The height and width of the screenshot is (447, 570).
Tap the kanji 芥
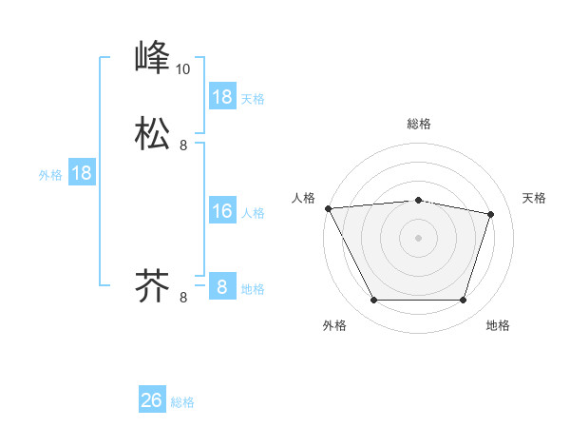[x=152, y=284]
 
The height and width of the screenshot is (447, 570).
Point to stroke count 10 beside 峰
[x=182, y=68]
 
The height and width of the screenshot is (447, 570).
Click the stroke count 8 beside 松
[x=183, y=146]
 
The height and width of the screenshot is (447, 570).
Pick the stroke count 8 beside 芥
[x=183, y=298]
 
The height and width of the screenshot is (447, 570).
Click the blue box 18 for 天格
[x=222, y=97]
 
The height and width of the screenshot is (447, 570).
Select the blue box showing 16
[x=222, y=211]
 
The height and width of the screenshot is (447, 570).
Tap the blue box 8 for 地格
[x=222, y=287]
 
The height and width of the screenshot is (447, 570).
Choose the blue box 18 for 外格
[x=82, y=173]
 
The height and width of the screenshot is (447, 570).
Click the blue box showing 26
[x=152, y=400]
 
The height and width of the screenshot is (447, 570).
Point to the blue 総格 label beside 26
[x=182, y=402]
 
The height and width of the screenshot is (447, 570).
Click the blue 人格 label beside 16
[x=253, y=213]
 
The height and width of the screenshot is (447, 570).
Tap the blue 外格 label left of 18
[x=50, y=175]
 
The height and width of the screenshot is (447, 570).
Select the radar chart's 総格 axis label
[x=419, y=124]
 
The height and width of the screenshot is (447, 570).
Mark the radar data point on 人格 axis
[x=328, y=207]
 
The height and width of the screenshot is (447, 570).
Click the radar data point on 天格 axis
[x=491, y=214]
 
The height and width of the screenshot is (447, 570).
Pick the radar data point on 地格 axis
[x=464, y=301]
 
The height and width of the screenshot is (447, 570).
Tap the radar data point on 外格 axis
[x=374, y=301]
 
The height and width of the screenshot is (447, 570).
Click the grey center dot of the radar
[x=419, y=238]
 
